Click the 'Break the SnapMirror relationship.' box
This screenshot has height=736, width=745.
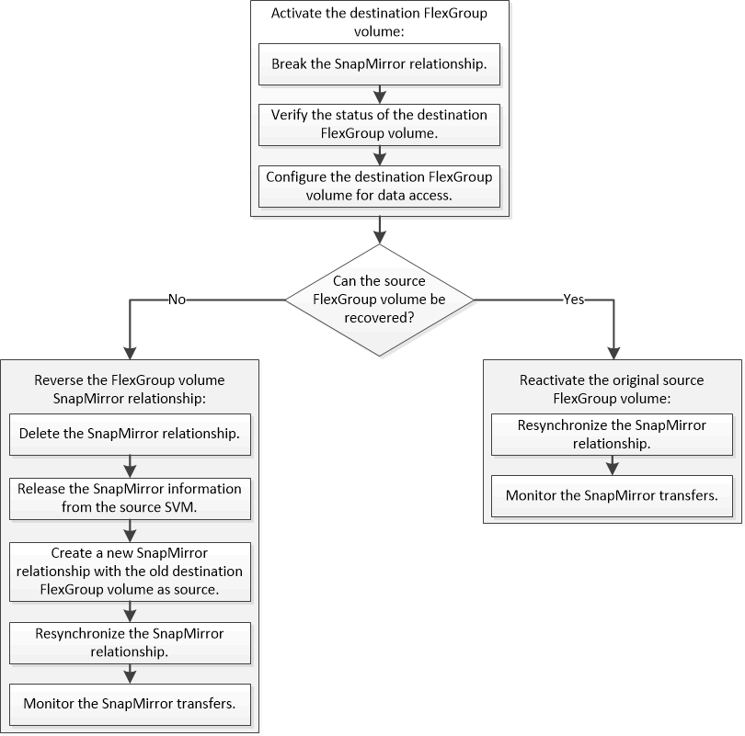[379, 64]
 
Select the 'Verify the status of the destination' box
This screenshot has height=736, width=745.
[379, 124]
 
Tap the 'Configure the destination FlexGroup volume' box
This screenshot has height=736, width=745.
[379, 186]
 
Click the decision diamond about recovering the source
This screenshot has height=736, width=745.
[379, 300]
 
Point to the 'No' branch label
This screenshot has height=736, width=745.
[179, 300]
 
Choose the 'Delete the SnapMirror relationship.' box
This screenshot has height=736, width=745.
[130, 436]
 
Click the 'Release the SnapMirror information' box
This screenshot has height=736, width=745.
[130, 496]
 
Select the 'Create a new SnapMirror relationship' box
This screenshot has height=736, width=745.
[130, 572]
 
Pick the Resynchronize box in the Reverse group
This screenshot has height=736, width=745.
[130, 642]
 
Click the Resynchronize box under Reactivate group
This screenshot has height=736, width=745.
[612, 435]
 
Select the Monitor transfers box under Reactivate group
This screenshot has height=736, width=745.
[612, 496]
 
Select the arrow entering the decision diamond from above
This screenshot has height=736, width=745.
[379, 231]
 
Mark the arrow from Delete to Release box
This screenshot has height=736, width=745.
[130, 465]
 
